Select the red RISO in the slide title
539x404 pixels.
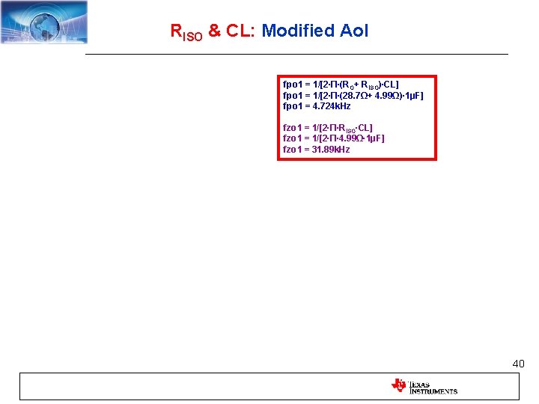point(186,32)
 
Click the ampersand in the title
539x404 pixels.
point(214,31)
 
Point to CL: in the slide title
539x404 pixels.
point(240,31)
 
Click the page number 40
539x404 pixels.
point(518,364)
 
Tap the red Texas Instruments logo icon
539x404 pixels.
point(398,385)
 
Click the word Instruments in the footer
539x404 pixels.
point(433,391)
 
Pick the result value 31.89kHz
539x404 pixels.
point(330,150)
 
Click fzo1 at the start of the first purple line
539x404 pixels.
point(293,128)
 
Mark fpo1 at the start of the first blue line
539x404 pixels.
point(293,85)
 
